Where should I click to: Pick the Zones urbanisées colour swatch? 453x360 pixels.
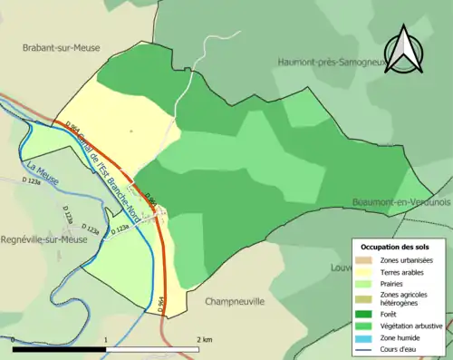coord(365,261)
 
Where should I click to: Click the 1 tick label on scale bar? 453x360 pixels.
coord(106,339)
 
